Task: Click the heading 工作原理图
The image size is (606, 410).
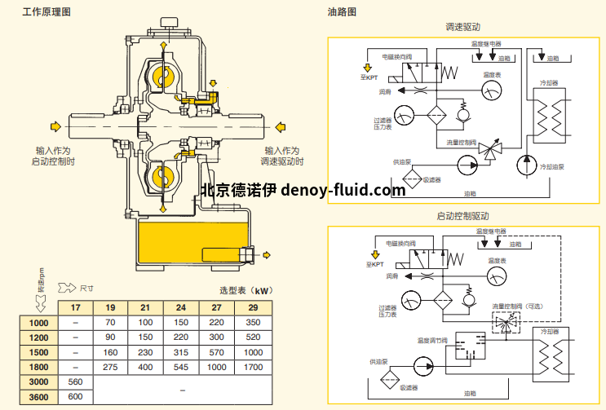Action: point(46,12)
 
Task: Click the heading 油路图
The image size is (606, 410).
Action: point(343,12)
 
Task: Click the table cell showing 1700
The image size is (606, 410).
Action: point(253,368)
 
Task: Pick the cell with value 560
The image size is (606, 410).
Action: point(76,382)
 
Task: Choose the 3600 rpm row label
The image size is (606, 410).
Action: point(38,397)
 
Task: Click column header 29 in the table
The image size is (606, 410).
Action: point(253,308)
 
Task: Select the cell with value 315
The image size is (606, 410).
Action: point(182,353)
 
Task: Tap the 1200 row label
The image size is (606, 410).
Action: point(38,337)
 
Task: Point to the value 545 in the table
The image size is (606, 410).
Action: point(182,368)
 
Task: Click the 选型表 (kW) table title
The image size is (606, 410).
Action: point(245,290)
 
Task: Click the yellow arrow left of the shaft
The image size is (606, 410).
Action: point(55,126)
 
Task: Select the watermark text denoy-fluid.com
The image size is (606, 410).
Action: point(343,191)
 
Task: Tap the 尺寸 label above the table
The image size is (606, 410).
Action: point(87,288)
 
